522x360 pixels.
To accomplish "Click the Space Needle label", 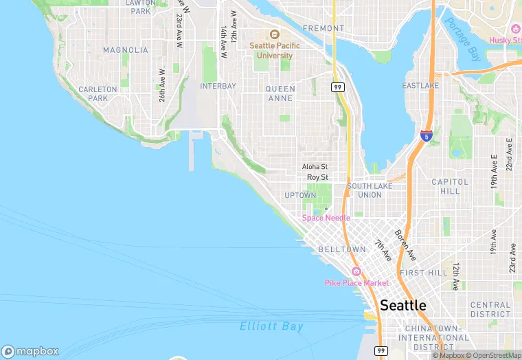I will coord(326,218).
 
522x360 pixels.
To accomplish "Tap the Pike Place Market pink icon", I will coord(356,271).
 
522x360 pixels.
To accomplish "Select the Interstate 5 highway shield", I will coord(427,135).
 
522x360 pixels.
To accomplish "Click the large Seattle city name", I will coord(402,305).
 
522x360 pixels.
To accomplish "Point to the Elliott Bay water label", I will coord(271,327).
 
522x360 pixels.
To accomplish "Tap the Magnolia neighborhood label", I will coord(125,50).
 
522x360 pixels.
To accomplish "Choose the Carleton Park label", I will coord(93,94).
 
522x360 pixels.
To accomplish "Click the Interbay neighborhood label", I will coord(218,87).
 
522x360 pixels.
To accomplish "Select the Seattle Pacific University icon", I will coord(274,35).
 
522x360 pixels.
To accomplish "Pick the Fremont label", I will coord(323,28).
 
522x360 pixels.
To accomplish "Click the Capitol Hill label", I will coord(450,187).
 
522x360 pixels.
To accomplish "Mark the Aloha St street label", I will coord(315,167).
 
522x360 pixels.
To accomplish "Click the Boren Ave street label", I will coord(405,245).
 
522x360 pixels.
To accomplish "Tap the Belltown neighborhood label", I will coord(341,249).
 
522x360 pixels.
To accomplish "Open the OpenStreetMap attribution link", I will coord(493,355).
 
